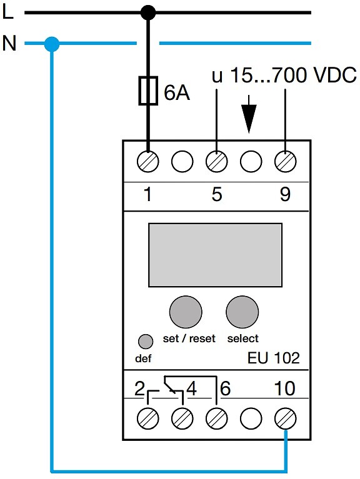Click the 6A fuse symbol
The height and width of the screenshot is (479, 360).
coord(148,91)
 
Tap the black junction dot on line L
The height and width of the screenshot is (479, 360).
coord(148,13)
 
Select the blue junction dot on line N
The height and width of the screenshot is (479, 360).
coord(52,44)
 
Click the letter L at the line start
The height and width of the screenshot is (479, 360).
coord(7,12)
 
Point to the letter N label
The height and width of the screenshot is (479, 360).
coord(9,43)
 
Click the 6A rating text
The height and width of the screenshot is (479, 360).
coord(177,92)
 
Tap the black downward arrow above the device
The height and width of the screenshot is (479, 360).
coord(249,114)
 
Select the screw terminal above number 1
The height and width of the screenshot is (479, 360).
coord(148,161)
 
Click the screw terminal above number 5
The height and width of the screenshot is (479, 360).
coord(217,161)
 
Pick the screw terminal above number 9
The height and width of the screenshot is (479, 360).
coord(286,161)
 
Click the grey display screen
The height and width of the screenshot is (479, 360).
coord(215,255)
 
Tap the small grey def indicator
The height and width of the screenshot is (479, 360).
coord(146,341)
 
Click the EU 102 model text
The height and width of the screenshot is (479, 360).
coord(274,358)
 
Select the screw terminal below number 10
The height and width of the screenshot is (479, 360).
coord(286,418)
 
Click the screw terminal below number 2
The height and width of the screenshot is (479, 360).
coord(148,418)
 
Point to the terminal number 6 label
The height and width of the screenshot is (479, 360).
coord(225,388)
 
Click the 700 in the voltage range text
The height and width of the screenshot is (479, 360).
coord(290,75)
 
